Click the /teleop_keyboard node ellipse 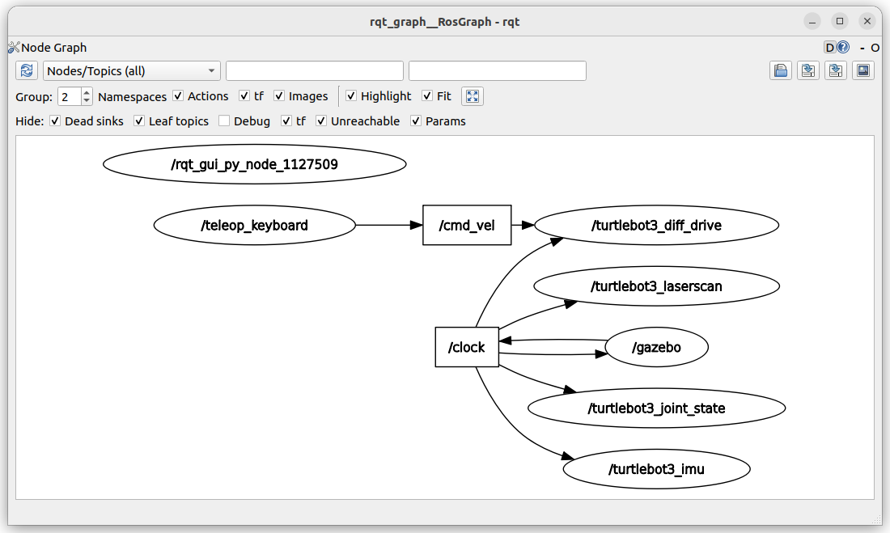pos(254,226)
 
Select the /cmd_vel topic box pos(467,226)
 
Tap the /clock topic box pos(467,347)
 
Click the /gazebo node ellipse pos(657,347)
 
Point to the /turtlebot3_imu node pos(657,469)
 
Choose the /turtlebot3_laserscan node pos(657,286)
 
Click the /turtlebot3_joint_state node pos(657,408)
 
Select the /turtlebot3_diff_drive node pos(657,226)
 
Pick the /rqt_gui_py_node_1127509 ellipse pos(254,164)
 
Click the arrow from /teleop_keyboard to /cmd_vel pos(389,226)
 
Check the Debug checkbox pos(224,121)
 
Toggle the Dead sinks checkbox pos(55,121)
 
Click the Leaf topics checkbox pos(139,121)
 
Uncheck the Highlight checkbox pos(351,96)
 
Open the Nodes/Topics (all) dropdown pos(132,71)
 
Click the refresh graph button pos(27,71)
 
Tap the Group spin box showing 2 pos(74,96)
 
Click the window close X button pos(867,22)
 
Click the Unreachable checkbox pos(321,121)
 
